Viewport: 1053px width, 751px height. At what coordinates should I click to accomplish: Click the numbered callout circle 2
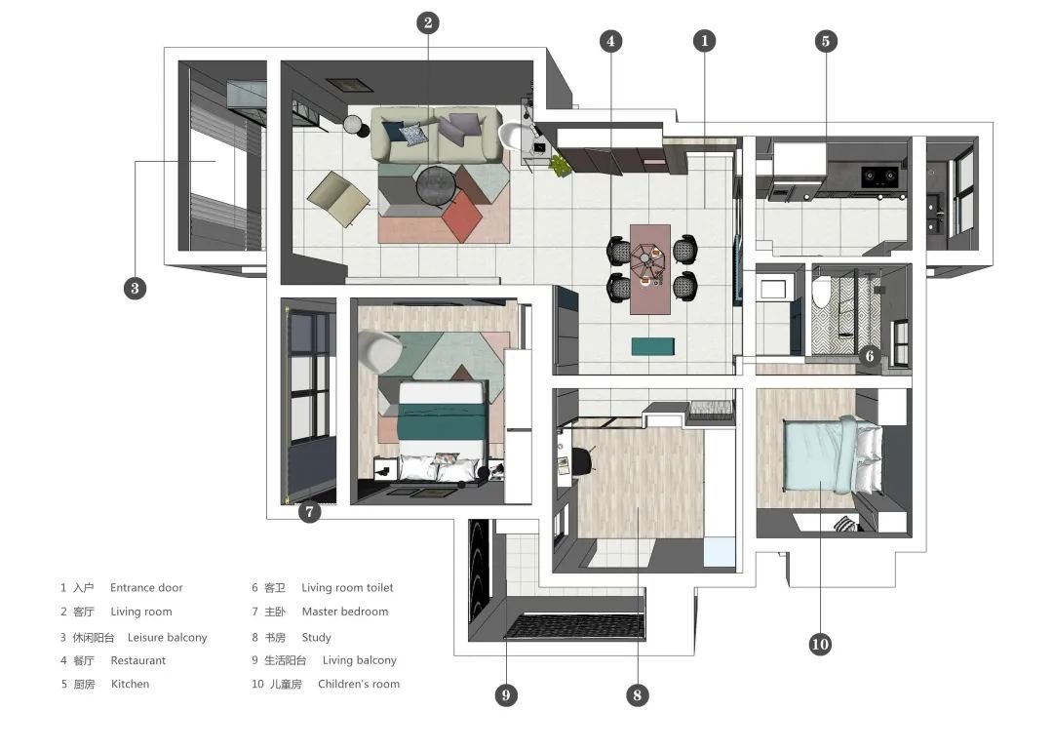428,22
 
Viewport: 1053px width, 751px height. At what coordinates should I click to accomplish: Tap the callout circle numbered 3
135,288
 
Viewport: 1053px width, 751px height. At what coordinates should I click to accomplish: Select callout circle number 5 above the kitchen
826,41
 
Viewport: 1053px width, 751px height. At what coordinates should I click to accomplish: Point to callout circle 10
820,644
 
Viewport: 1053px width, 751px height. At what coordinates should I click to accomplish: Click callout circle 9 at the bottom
506,694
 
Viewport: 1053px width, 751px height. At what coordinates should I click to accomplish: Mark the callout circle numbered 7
310,512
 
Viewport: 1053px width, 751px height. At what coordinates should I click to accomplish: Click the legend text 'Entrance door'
146,588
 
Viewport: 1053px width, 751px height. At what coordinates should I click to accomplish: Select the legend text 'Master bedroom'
345,612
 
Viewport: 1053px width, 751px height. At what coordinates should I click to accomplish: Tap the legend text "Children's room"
359,684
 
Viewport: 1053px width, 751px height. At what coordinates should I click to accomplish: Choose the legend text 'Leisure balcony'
168,638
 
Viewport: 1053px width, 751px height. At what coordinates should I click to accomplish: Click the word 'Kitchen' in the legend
131,684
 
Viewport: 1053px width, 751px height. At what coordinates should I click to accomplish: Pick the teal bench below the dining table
652,346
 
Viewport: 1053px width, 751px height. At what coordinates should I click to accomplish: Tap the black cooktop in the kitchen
879,177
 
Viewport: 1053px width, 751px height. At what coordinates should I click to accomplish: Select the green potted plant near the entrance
559,165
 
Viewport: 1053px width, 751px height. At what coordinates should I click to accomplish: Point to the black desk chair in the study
583,458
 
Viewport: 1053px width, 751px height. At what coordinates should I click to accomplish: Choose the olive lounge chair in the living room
338,199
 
